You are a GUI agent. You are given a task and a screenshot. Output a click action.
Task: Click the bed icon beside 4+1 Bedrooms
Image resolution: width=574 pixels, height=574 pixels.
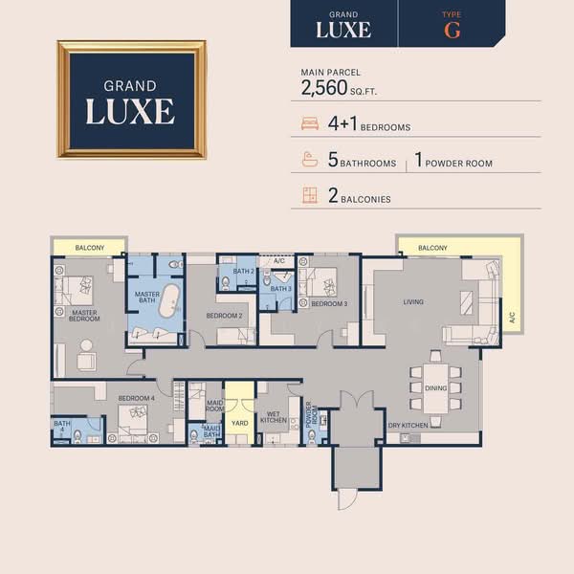(309, 124)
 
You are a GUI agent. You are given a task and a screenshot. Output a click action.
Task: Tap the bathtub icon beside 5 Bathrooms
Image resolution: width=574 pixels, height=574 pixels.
(309, 160)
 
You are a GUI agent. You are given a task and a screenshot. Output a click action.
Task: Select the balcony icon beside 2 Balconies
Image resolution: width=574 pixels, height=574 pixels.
(309, 197)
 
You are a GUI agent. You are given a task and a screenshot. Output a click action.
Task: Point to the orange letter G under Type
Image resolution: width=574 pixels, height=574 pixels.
(453, 29)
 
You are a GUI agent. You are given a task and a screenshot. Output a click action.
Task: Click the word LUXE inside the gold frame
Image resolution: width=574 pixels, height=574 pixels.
(130, 110)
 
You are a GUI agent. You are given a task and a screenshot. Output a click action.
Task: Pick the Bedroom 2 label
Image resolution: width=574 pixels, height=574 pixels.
(226, 315)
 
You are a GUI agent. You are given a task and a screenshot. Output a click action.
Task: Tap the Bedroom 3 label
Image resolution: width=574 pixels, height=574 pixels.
(329, 304)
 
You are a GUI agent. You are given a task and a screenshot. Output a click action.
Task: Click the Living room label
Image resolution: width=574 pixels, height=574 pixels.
(413, 302)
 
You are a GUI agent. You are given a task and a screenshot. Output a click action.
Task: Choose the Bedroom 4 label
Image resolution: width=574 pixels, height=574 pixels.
(136, 397)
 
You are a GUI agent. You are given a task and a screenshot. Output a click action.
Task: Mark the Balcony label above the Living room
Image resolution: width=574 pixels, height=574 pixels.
(432, 248)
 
